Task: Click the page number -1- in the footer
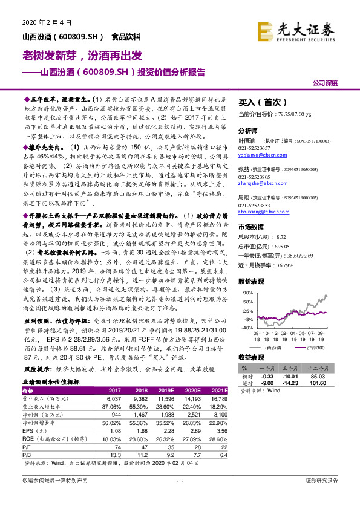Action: coord(179,497)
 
